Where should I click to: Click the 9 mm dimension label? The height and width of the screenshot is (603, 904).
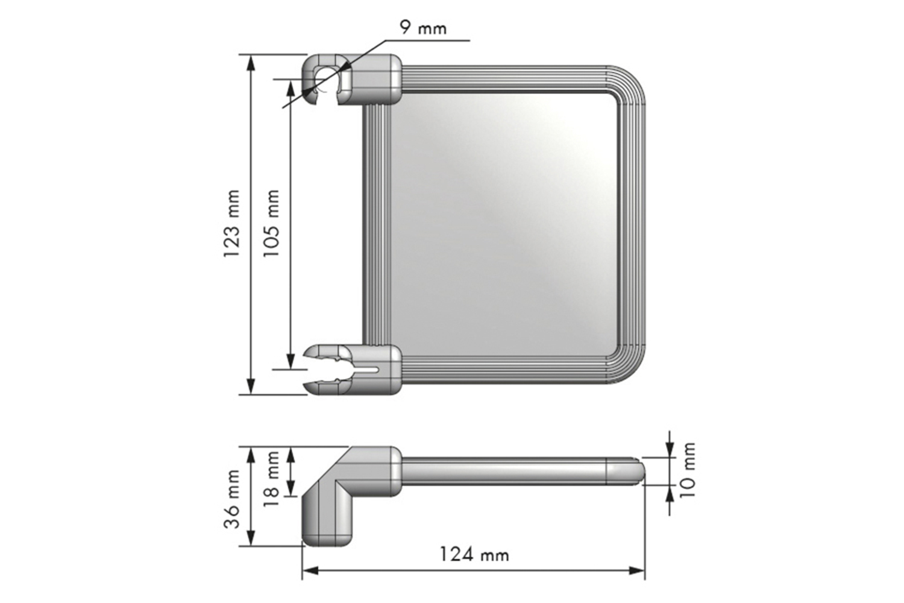423,28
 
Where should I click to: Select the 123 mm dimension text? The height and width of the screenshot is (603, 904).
232,223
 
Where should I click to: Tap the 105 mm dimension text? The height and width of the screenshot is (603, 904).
272,223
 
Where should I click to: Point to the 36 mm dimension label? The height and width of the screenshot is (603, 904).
232,499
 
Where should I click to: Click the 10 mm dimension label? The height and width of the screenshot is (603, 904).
687,470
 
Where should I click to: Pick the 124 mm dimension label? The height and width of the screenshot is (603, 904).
474,555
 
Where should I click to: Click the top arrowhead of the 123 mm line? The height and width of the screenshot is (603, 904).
251,63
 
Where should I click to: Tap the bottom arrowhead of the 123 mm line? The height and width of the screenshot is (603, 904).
251,386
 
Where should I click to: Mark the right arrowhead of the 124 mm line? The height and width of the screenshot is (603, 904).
636,570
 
